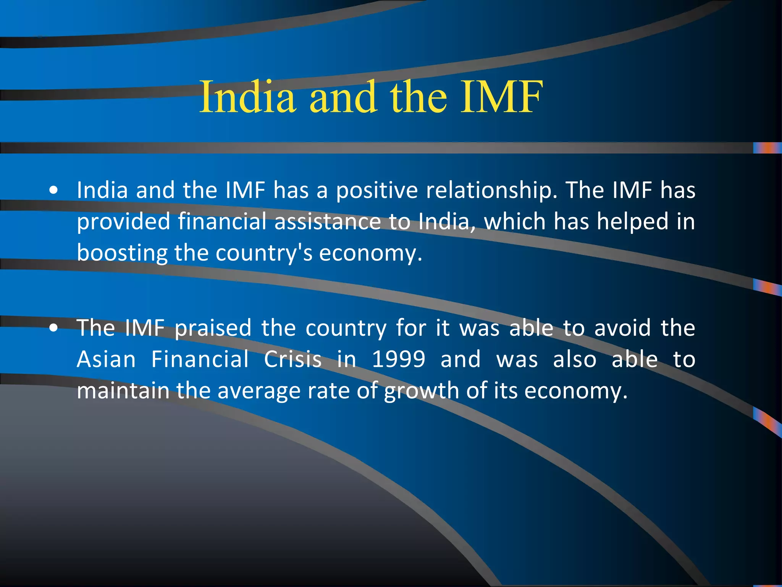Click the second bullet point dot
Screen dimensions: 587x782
tap(54, 328)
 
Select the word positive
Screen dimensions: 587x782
tap(377, 190)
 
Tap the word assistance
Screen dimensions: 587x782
tap(328, 222)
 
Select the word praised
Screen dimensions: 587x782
tap(213, 328)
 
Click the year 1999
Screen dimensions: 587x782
tap(398, 360)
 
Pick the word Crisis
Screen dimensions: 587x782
tap(293, 360)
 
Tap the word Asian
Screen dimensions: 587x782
tap(106, 360)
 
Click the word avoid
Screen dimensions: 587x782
tap(622, 328)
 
